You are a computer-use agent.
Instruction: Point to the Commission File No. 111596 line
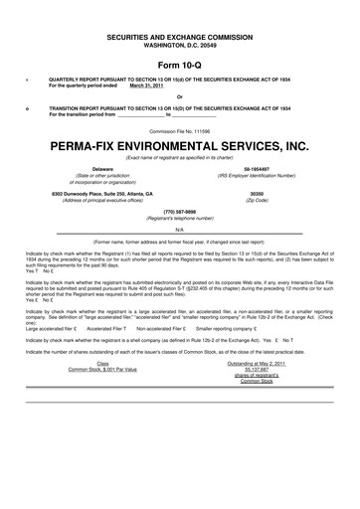[x=179, y=130]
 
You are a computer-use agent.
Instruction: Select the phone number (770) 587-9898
[x=179, y=211]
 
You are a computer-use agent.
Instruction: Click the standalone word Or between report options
[x=179, y=96]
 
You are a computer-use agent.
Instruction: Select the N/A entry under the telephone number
[x=179, y=229]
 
